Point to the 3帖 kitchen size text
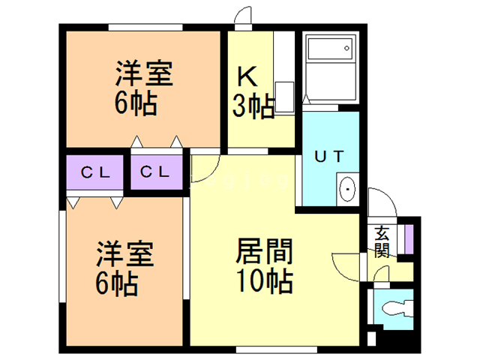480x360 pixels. pos(252,106)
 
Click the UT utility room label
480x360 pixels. pos(329,157)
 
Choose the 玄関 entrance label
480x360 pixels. pos(382,241)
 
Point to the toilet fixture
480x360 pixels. pos(396,308)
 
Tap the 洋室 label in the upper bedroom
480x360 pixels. pos(144,75)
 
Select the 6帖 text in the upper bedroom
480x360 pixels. pos(136,103)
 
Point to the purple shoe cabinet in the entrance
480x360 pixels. pos(409,237)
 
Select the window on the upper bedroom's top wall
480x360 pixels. pos(146,27)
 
